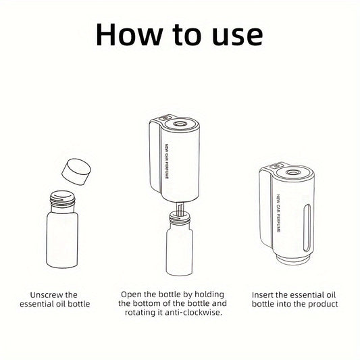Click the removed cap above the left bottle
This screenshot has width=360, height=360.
(x=76, y=172)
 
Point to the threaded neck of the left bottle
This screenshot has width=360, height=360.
(x=63, y=201)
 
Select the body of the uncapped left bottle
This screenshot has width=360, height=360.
(x=62, y=240)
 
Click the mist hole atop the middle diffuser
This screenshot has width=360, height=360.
(x=179, y=124)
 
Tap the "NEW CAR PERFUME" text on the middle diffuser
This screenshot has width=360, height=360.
(x=167, y=161)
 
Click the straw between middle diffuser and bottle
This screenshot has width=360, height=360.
(x=180, y=208)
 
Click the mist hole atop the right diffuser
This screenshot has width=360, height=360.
(x=292, y=172)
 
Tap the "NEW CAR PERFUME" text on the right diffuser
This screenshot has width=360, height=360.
(x=278, y=213)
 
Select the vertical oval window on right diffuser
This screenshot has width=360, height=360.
(x=307, y=228)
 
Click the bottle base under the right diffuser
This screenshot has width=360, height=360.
(x=292, y=259)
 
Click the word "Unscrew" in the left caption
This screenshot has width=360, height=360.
(x=47, y=294)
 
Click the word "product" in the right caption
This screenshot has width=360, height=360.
(x=323, y=304)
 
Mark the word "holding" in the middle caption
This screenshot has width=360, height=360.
(x=209, y=294)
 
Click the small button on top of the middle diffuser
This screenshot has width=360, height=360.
(x=165, y=118)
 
